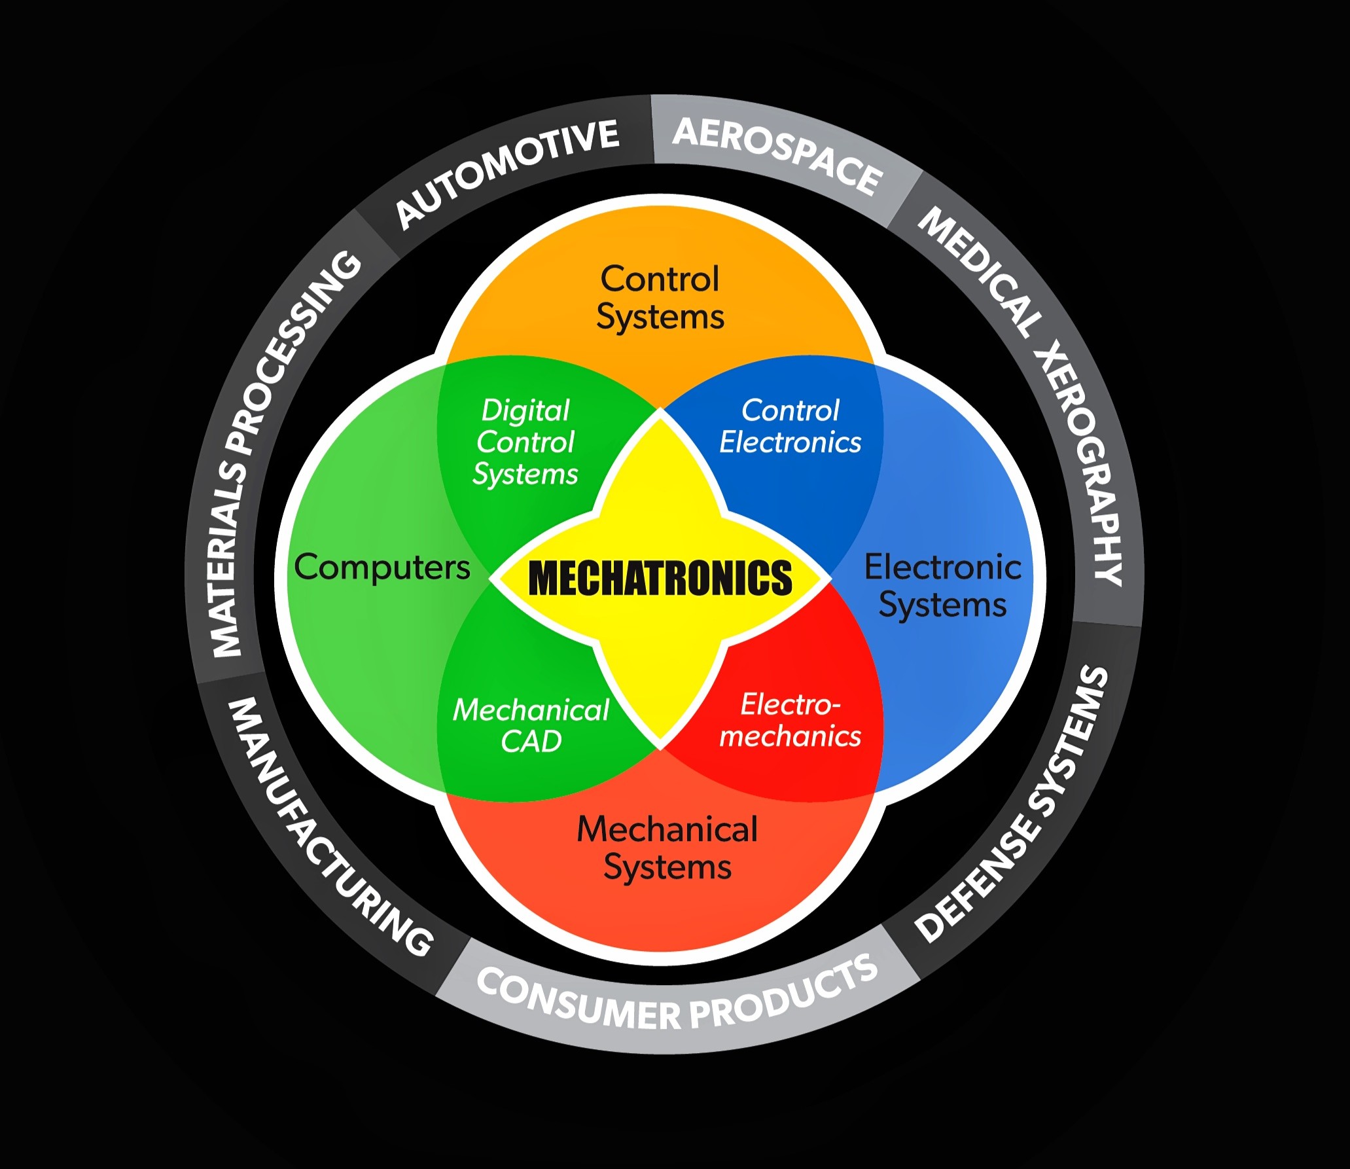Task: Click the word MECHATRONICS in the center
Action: click(660, 578)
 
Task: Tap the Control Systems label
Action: click(660, 298)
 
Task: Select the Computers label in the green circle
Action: click(382, 567)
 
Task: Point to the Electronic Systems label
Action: click(942, 586)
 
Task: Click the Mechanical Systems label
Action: click(667, 848)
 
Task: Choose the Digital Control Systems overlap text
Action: click(525, 442)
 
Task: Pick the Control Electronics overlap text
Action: click(790, 426)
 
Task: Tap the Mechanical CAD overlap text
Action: click(531, 725)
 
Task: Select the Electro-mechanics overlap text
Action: click(790, 720)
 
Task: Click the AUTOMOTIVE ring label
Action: click(507, 173)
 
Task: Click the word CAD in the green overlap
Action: click(531, 742)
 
